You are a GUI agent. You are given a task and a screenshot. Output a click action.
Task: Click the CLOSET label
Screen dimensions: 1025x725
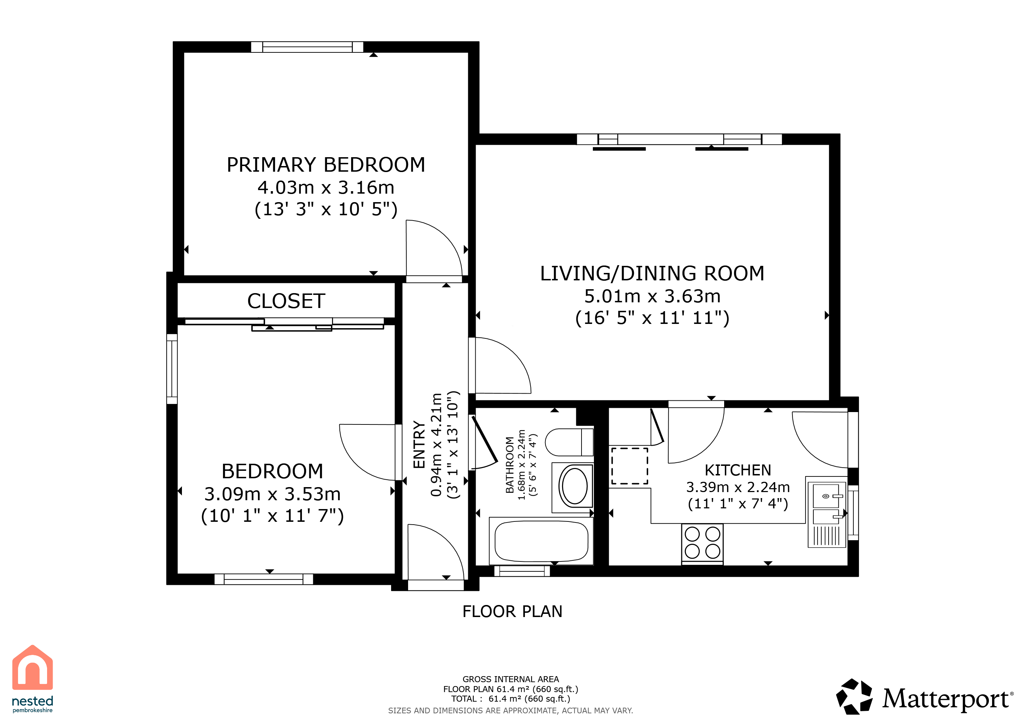pos(286,301)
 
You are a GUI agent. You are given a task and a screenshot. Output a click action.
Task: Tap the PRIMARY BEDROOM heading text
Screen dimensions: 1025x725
pos(326,165)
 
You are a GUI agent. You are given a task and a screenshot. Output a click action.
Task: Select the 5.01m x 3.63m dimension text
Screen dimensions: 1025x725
pos(652,296)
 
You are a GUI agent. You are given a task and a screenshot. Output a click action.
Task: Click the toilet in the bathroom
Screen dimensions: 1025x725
pos(569,442)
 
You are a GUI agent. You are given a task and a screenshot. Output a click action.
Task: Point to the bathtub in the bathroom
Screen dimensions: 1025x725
pos(541,541)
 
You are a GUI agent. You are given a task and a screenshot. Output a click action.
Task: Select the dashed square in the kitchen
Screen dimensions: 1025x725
pos(629,466)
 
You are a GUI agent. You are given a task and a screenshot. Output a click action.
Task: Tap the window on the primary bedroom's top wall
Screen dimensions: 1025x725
pos(307,47)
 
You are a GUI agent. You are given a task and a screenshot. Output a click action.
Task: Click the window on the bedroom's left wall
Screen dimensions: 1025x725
pos(172,369)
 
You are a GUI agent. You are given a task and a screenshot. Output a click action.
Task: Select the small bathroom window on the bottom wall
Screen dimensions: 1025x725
pos(522,571)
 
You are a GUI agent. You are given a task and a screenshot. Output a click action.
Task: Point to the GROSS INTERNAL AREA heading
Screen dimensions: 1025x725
pos(511,679)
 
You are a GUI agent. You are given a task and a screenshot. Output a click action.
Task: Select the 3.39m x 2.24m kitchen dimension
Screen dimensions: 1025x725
pos(738,487)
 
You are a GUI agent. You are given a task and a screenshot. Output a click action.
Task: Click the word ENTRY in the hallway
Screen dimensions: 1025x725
pos(419,445)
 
